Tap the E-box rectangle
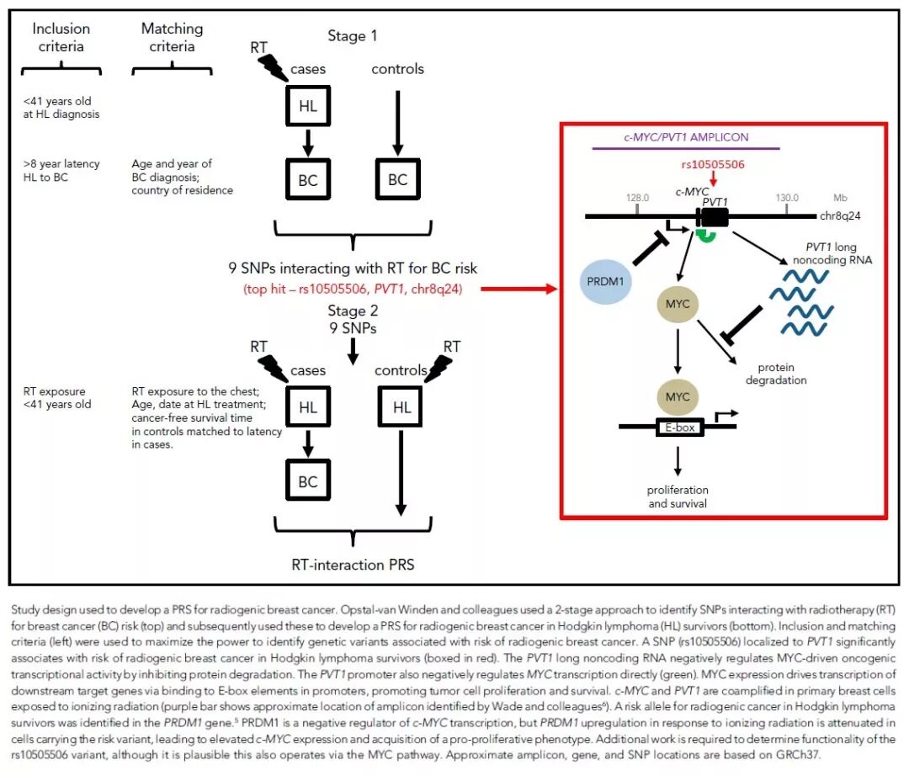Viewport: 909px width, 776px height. pos(679,427)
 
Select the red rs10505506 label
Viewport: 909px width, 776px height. pos(712,164)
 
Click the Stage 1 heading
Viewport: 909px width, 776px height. pos(353,36)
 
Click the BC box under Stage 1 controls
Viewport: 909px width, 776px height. pos(397,179)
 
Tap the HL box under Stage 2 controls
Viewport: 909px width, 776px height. pos(401,407)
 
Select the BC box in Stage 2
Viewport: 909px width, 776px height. pos(308,481)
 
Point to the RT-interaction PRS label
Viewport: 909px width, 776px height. pos(353,565)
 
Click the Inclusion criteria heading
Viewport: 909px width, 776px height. pos(61,38)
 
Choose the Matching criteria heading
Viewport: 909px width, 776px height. pos(172,38)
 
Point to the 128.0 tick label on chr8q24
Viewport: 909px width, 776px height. pos(637,198)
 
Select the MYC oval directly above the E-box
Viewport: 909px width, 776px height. pos(678,396)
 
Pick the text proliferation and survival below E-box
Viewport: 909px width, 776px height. pos(678,497)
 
